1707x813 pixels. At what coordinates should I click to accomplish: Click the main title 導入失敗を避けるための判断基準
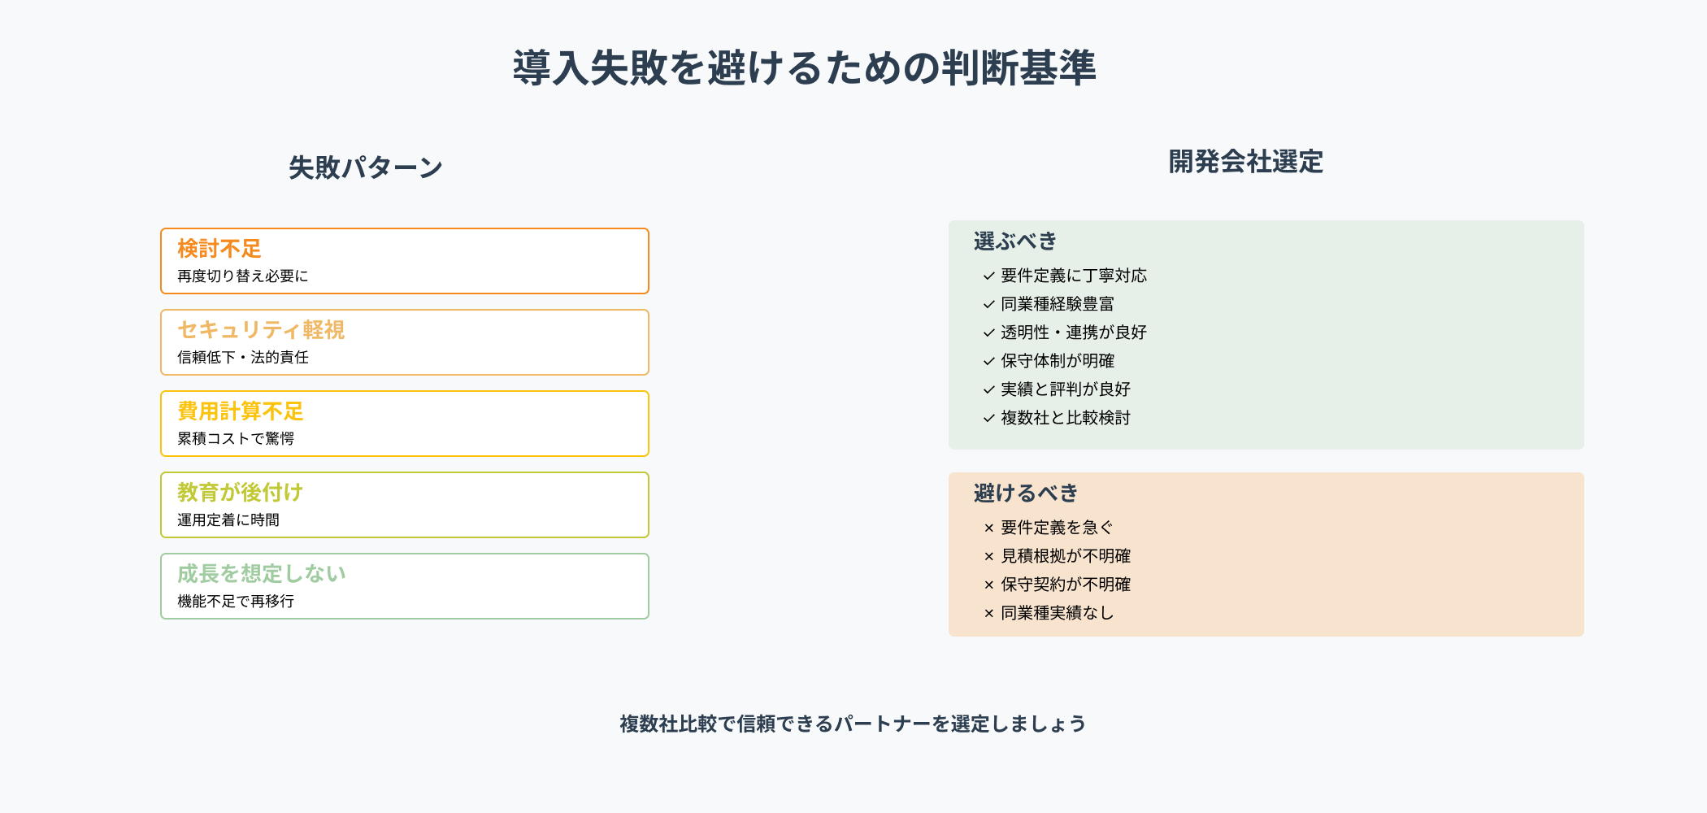(804, 67)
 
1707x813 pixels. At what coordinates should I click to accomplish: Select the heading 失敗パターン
(366, 167)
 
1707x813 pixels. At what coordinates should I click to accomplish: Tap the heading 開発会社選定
(1245, 162)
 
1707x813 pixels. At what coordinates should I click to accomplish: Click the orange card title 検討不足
(219, 248)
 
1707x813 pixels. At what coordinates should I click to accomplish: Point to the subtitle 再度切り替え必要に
(243, 276)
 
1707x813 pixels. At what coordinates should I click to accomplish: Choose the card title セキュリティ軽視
(261, 329)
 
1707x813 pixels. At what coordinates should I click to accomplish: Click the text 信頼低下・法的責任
(243, 358)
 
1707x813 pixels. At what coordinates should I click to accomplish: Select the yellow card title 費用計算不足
(241, 411)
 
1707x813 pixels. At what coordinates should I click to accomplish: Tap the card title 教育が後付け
(241, 492)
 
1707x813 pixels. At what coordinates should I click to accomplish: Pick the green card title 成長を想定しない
(262, 573)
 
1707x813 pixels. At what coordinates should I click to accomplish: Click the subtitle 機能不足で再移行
(236, 602)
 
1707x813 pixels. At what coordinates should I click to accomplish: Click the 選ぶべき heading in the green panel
(1015, 241)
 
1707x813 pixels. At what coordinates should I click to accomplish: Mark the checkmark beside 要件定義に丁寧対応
(988, 276)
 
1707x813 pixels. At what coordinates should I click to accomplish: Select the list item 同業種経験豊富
(1058, 304)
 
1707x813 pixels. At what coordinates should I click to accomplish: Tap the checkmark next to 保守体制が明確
(988, 362)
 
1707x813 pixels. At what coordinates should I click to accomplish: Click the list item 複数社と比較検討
(1066, 418)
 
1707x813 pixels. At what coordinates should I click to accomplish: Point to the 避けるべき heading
(1026, 493)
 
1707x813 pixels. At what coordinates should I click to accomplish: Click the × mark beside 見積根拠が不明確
(988, 557)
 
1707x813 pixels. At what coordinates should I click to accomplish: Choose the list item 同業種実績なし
(1058, 613)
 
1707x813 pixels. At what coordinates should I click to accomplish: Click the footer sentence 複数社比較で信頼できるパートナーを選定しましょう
(853, 724)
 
